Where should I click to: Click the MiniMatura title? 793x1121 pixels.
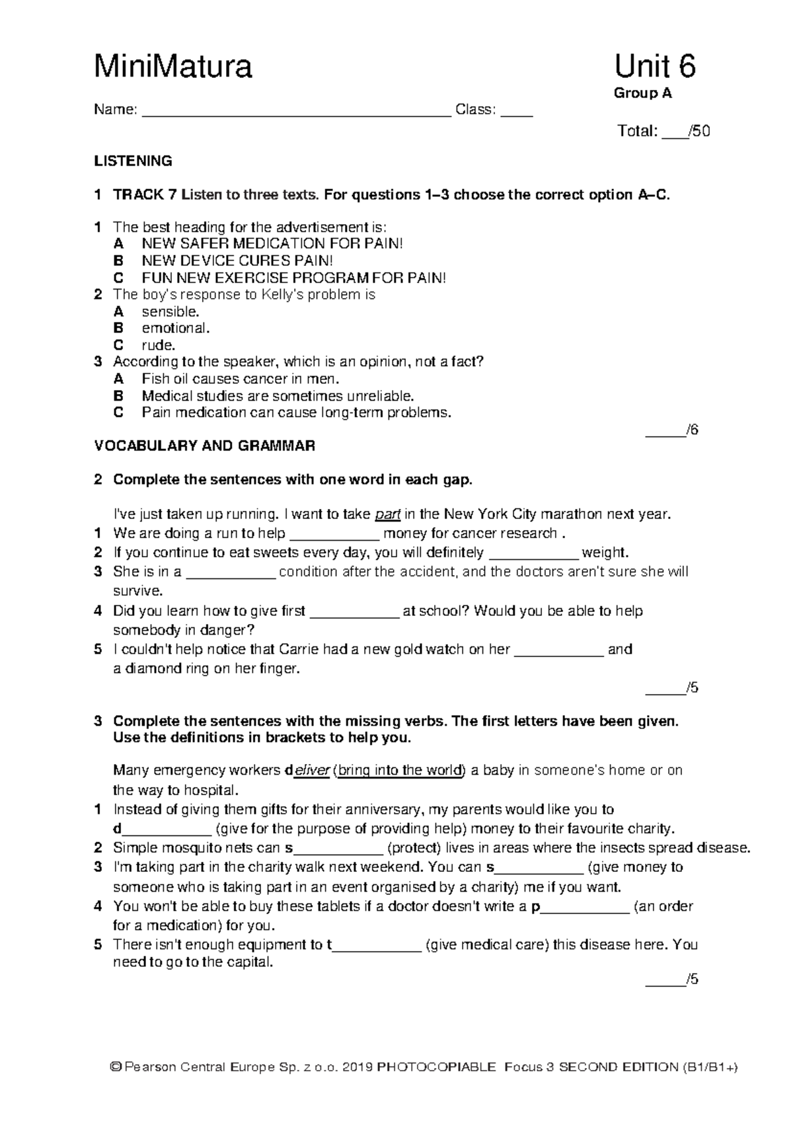click(173, 67)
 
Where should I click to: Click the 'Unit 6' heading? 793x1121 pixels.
click(654, 67)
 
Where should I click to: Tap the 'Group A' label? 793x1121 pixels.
click(642, 93)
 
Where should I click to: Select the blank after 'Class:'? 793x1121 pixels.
click(516, 111)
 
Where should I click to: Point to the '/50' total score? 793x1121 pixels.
click(699, 131)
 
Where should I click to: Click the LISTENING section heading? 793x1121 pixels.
click(133, 161)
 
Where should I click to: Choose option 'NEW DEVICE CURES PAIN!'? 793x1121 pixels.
click(237, 261)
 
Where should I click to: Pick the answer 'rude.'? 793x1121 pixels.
click(159, 345)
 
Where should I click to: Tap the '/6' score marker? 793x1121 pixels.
click(692, 430)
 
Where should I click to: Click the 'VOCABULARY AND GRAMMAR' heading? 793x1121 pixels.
click(204, 446)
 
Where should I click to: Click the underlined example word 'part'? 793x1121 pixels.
click(387, 514)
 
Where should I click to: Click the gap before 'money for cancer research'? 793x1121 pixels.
click(334, 534)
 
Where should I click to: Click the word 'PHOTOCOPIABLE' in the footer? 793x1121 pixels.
click(436, 1067)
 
